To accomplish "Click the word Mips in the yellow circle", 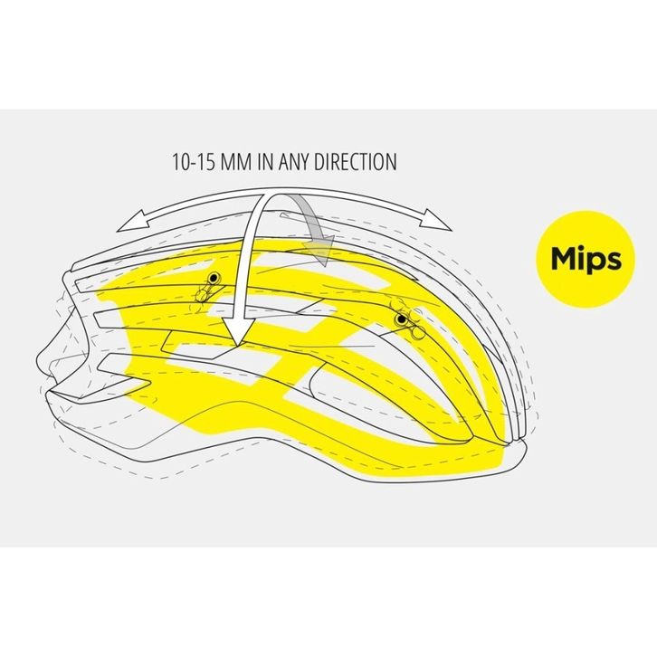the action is (586, 258).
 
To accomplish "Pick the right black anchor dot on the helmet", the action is (400, 319).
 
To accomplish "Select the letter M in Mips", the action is (564, 258).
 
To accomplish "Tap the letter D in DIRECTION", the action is (309, 163).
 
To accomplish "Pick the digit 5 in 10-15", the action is (211, 163).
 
